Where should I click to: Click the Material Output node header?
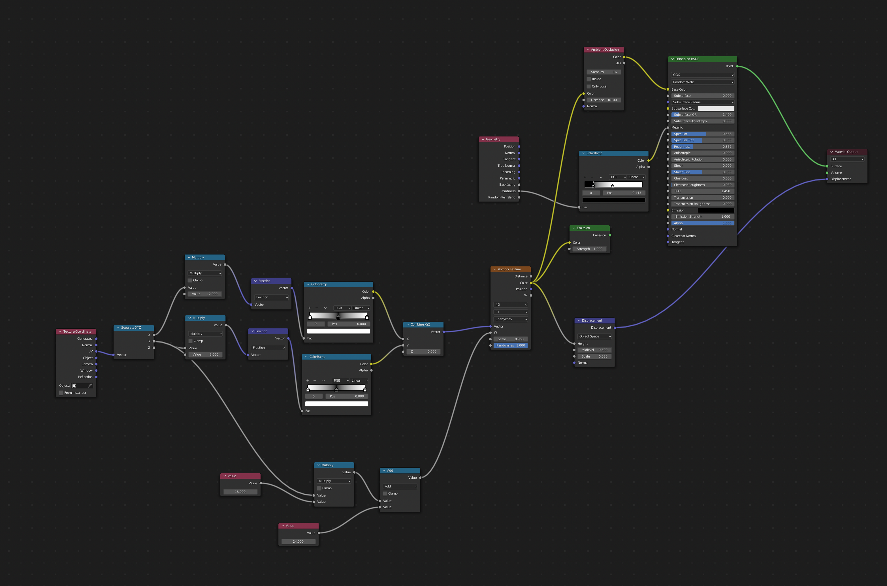pyautogui.click(x=847, y=152)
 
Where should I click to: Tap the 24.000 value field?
pyautogui.click(x=298, y=542)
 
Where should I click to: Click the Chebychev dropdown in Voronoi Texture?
pyautogui.click(x=510, y=319)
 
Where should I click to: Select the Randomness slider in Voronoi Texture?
pyautogui.click(x=510, y=345)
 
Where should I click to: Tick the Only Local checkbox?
pyautogui.click(x=589, y=86)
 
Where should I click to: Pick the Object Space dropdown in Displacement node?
pyautogui.click(x=594, y=336)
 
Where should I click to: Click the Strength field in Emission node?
pyautogui.click(x=589, y=249)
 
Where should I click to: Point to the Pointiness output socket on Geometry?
pyautogui.click(x=519, y=191)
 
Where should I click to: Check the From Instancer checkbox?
pyautogui.click(x=61, y=393)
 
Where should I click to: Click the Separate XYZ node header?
pyautogui.click(x=133, y=328)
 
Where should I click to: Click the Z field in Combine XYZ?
pyautogui.click(x=423, y=352)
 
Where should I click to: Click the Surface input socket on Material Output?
pyautogui.click(x=827, y=166)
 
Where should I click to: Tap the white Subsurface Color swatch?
pyautogui.click(x=715, y=108)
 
